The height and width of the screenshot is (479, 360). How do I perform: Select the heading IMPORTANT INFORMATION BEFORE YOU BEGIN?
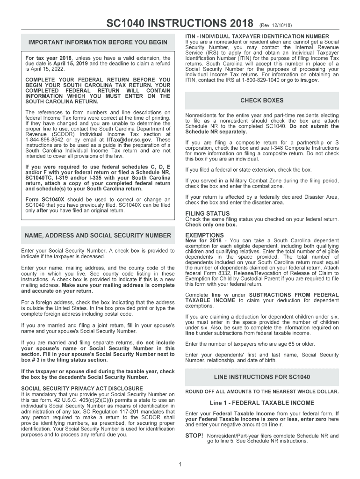coord(98,43)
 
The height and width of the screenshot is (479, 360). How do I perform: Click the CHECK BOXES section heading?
coord(262,101)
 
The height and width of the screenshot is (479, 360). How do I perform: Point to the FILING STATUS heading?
coord(208,213)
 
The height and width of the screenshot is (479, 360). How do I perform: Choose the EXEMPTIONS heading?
coord(204,235)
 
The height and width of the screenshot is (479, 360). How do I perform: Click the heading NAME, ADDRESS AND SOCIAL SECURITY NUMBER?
coord(98,235)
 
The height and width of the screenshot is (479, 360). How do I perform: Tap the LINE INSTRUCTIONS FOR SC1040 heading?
coord(262,377)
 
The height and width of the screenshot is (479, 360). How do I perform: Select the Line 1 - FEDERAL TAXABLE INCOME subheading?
coord(262,403)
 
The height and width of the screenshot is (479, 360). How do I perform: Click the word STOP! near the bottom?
coord(194,435)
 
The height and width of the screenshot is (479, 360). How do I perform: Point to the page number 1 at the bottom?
coord(180,464)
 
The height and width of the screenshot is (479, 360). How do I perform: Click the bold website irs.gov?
coord(310,80)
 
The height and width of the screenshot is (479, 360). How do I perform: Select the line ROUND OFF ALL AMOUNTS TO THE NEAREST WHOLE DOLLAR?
coord(262,392)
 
